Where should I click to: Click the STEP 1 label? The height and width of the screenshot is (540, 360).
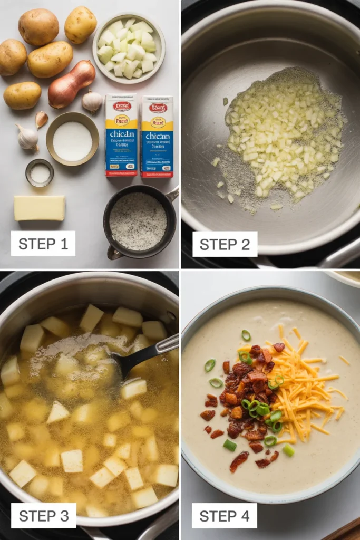click(x=43, y=244)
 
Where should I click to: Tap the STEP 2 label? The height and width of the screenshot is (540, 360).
click(x=225, y=244)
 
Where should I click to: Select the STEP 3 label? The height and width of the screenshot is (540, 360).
click(x=43, y=516)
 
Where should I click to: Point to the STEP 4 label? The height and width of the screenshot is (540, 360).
click(x=224, y=516)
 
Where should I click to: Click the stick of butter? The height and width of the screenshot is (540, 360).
click(x=40, y=208)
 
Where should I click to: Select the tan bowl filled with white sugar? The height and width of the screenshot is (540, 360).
click(x=72, y=139)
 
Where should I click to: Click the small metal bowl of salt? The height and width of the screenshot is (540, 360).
click(x=40, y=173)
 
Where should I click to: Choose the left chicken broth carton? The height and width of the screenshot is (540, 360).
click(x=121, y=135)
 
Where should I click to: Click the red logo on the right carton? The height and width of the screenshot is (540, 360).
click(x=157, y=108)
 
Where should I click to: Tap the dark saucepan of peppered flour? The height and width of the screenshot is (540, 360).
click(x=138, y=221)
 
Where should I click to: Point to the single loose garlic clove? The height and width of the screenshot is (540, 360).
click(x=41, y=119)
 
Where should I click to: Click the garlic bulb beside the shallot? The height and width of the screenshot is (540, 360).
click(x=92, y=101)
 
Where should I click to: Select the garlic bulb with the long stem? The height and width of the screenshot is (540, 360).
click(x=27, y=138)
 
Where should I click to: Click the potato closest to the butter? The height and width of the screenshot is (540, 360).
click(x=22, y=95)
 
